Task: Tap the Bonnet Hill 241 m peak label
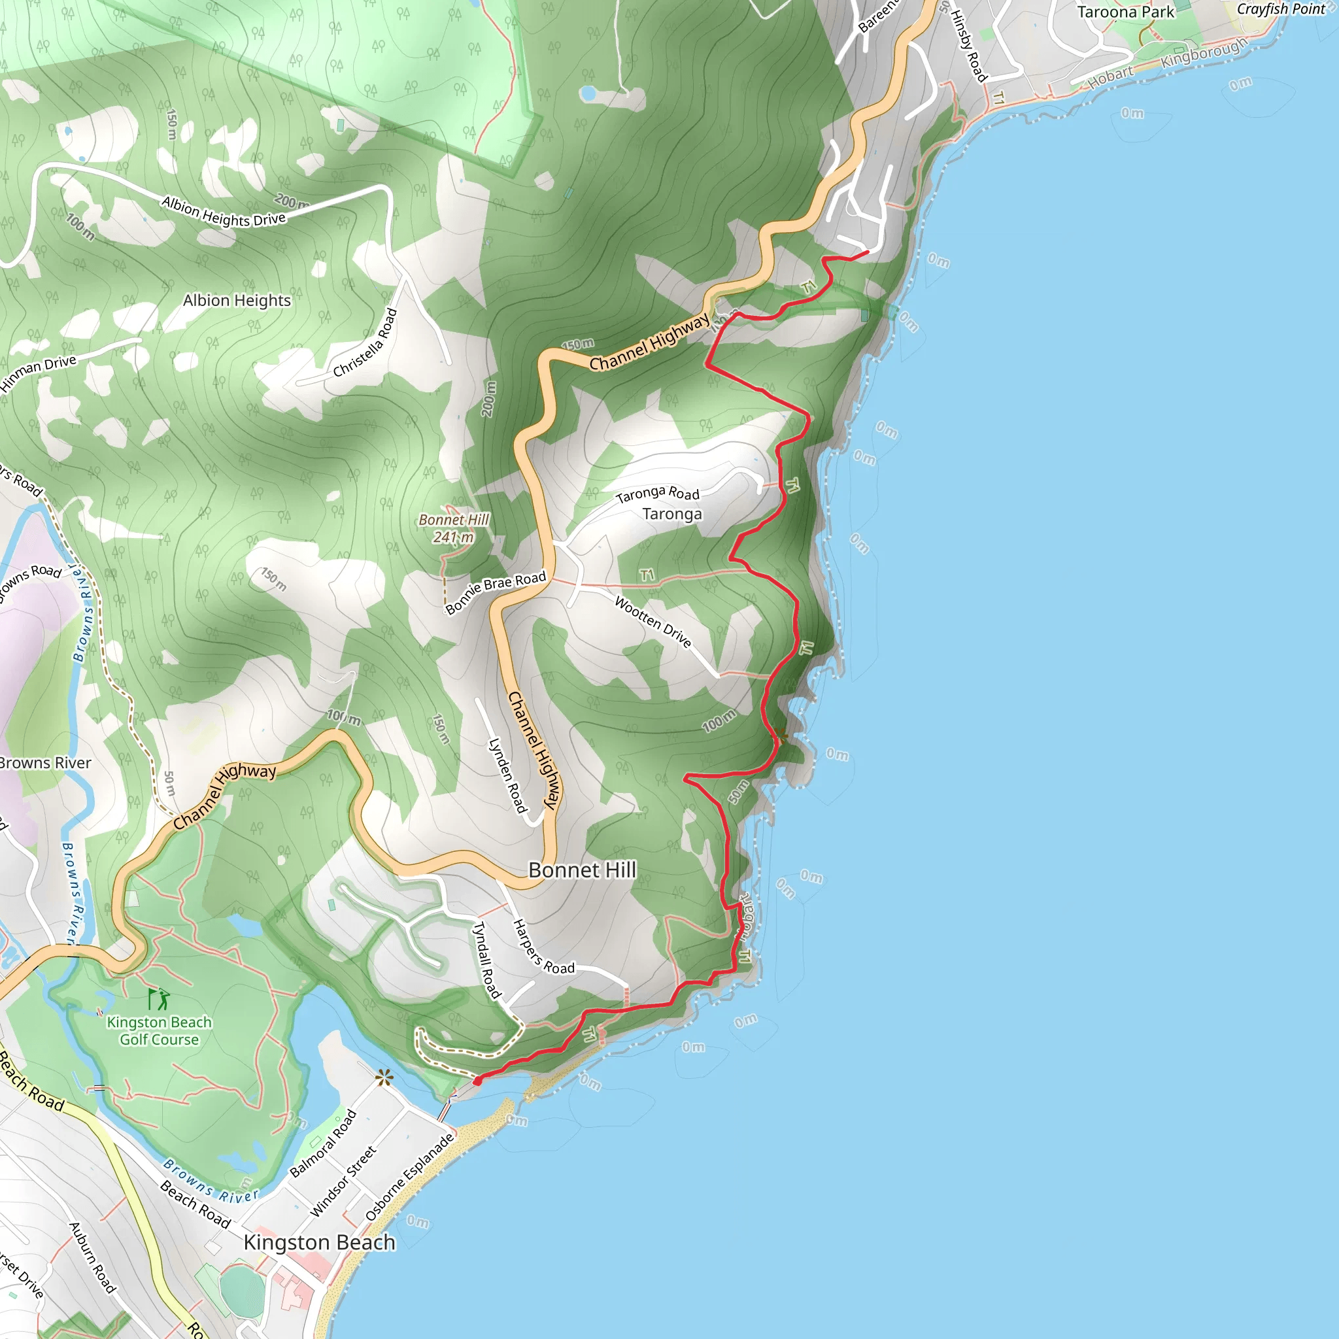(454, 528)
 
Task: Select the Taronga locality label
(671, 513)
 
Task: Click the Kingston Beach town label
(320, 1243)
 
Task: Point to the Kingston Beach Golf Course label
(160, 1030)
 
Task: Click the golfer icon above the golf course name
(159, 999)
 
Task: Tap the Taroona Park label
(1126, 12)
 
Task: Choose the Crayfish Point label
(1281, 9)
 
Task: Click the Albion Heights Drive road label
(223, 211)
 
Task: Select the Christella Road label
(365, 343)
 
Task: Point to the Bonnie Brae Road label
(496, 592)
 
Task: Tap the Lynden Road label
(508, 775)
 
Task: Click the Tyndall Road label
(486, 960)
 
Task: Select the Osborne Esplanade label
(411, 1176)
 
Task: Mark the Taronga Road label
(657, 494)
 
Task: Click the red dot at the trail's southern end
(477, 1081)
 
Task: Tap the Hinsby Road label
(968, 46)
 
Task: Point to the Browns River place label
(46, 763)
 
